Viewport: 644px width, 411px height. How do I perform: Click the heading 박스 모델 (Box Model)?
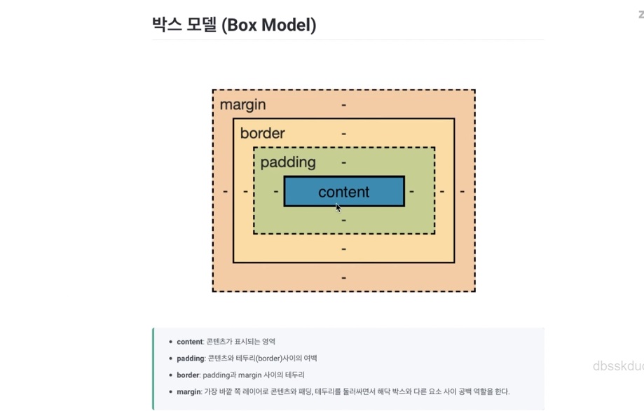[x=234, y=25]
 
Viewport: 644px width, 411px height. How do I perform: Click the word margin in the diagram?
[x=242, y=105]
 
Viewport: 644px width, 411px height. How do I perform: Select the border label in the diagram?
[x=262, y=133]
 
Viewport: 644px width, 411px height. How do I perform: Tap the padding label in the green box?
[x=288, y=162]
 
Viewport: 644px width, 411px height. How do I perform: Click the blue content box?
[x=343, y=191]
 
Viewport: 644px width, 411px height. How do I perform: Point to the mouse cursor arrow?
[x=338, y=207]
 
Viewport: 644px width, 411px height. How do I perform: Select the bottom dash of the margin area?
[x=343, y=277]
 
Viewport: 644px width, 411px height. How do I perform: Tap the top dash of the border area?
[x=343, y=133]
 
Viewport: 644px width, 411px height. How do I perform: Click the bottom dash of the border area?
[x=343, y=249]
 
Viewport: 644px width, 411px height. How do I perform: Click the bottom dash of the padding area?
[x=343, y=220]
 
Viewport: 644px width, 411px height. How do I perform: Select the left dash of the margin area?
[x=225, y=191]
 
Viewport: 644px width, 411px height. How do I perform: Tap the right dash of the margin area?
[x=462, y=191]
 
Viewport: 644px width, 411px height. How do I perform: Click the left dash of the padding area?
[x=276, y=191]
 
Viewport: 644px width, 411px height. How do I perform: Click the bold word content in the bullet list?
[x=189, y=342]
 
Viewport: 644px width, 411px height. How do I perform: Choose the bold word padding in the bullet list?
[x=190, y=358]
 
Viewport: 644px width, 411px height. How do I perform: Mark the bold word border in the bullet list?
[x=188, y=375]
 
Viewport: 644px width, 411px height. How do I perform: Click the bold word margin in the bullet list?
[x=189, y=391]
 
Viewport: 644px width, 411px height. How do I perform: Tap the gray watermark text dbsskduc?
[x=617, y=365]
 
